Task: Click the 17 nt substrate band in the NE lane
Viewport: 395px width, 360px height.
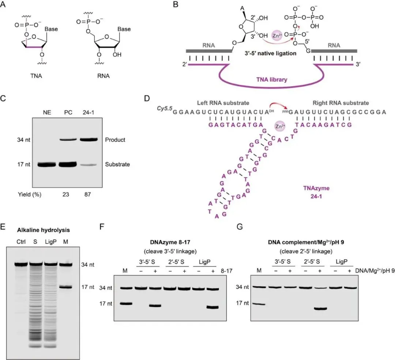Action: click(x=46, y=164)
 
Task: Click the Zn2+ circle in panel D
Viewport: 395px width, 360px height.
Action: click(x=279, y=127)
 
